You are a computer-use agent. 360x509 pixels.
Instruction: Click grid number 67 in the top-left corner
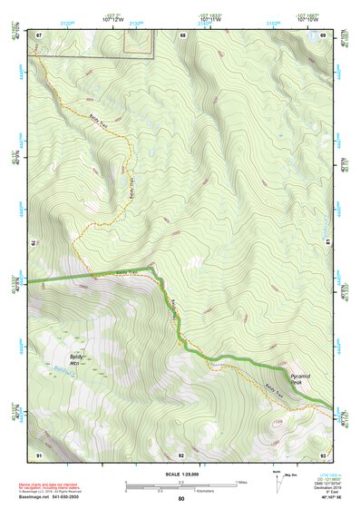(39, 34)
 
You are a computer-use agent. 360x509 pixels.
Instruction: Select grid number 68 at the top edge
(182, 34)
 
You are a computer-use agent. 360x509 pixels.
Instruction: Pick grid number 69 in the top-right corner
(323, 34)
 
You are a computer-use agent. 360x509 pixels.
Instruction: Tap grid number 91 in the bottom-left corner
(39, 454)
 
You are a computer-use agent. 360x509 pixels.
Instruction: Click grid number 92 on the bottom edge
(181, 454)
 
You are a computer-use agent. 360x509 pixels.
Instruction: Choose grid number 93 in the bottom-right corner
(323, 454)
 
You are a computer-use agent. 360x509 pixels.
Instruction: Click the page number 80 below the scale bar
(181, 499)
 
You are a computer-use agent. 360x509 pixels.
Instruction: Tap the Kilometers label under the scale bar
(183, 491)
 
